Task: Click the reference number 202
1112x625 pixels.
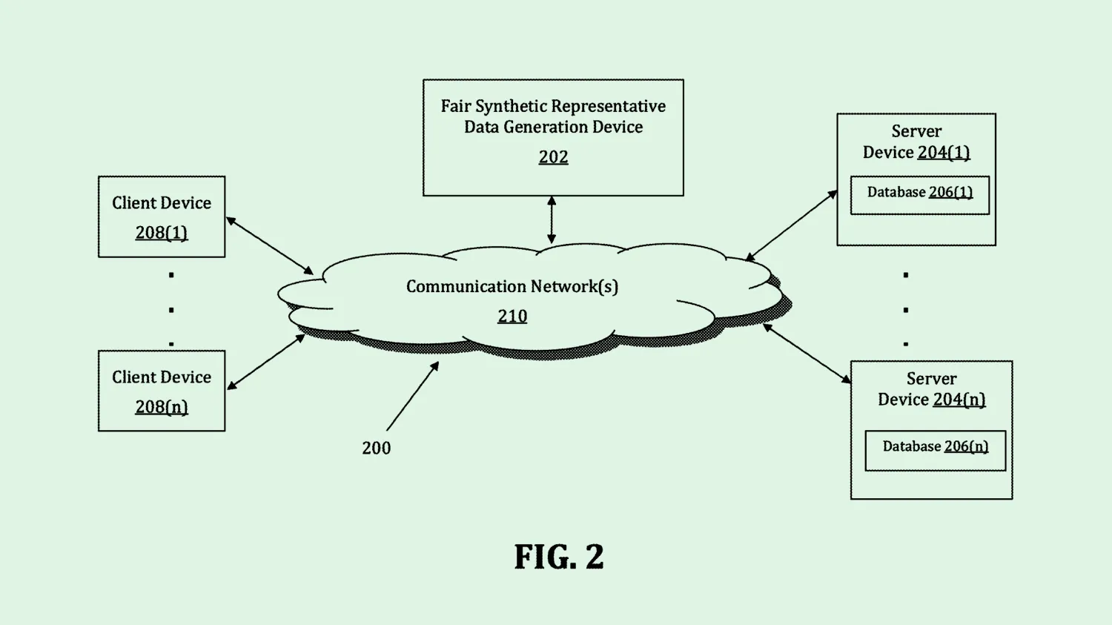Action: [x=553, y=157]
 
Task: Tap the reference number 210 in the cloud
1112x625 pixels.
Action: [x=512, y=316]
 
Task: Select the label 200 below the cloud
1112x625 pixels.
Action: [x=377, y=448]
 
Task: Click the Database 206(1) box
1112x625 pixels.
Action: [x=919, y=195]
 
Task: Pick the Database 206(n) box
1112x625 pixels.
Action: [x=935, y=450]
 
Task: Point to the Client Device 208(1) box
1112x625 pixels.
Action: [x=162, y=216]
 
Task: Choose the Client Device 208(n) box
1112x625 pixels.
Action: [x=162, y=391]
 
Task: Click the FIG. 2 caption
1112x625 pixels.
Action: [x=559, y=557]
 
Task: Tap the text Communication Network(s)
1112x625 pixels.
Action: [x=512, y=286]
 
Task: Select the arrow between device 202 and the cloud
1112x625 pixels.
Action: [x=552, y=219]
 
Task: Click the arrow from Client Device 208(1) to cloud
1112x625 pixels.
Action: [x=270, y=245]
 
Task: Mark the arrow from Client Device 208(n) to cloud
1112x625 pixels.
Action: [x=266, y=362]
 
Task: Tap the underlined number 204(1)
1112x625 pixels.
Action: [x=944, y=152]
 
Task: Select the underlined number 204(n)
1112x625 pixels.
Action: [x=959, y=400]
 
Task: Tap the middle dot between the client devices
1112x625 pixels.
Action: [x=171, y=310]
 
